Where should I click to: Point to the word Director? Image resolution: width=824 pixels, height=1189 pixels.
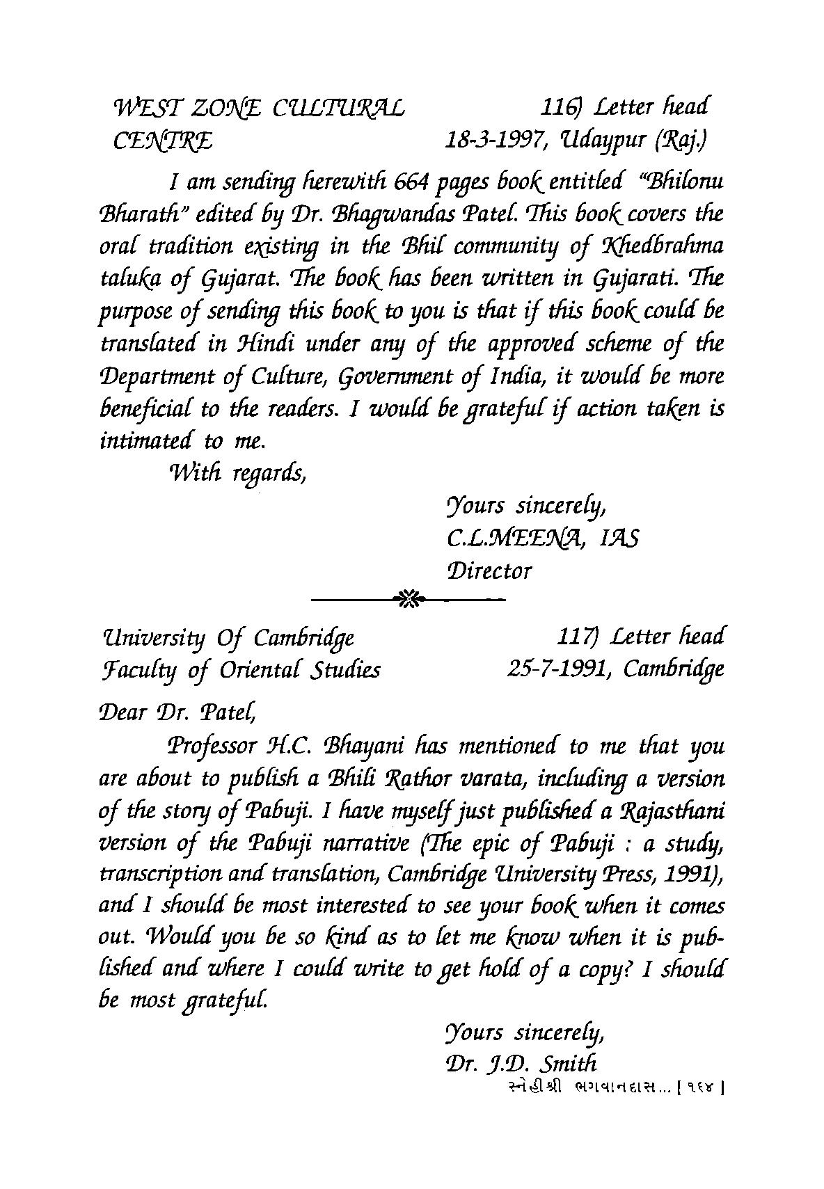(x=490, y=571)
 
